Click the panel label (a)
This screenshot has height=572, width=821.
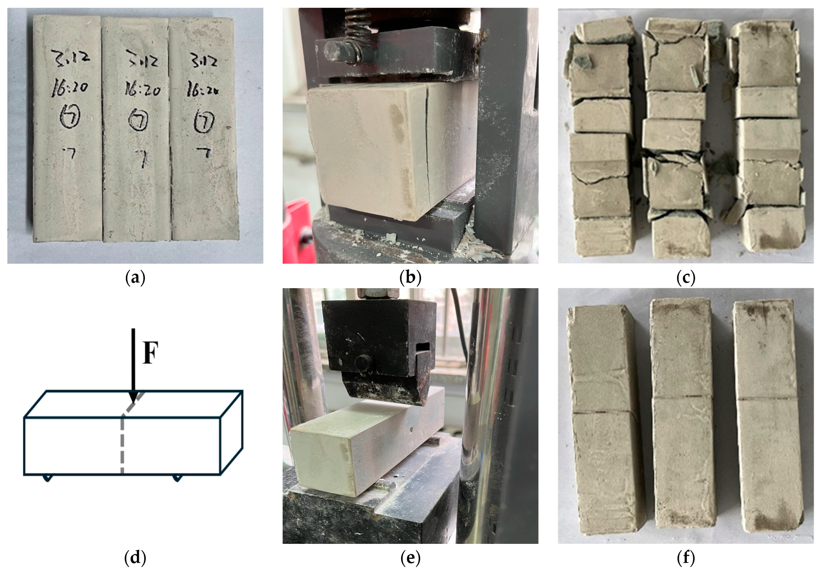[x=135, y=278]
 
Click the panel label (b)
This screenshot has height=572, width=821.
[x=410, y=278]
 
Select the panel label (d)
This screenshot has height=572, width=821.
[x=135, y=558]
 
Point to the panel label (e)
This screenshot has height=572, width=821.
[x=410, y=558]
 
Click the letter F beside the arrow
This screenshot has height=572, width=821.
[x=150, y=353]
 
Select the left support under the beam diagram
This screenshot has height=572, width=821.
[x=47, y=478]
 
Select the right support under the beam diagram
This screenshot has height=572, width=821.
[x=177, y=478]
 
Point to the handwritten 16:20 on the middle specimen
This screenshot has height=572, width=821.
[x=142, y=89]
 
